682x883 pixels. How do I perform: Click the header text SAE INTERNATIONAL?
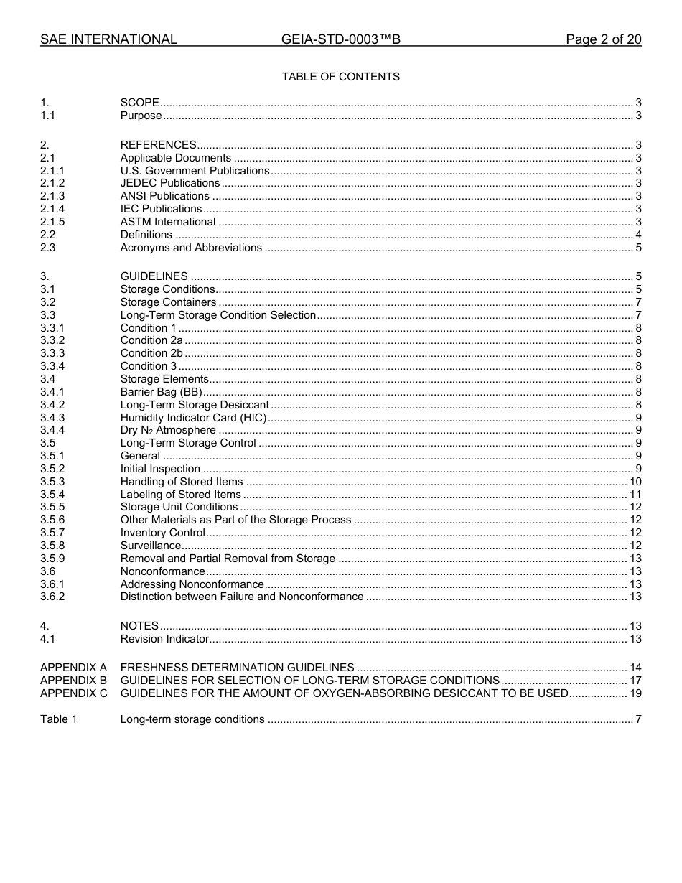[x=108, y=39]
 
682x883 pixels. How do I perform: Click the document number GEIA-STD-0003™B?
[x=341, y=39]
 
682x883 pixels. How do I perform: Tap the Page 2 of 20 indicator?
[x=603, y=39]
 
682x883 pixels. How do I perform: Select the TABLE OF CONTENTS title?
[x=341, y=77]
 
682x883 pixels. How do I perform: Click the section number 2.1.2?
[x=52, y=183]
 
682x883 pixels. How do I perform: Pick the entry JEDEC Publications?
[x=170, y=183]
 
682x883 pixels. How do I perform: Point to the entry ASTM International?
[x=168, y=222]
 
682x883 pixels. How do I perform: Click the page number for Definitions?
[x=638, y=235]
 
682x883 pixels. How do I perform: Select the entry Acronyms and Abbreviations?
[x=191, y=248]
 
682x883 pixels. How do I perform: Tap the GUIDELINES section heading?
[x=154, y=276]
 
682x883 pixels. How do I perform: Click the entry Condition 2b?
[x=151, y=353]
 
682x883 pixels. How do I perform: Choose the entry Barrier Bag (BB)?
[x=161, y=392]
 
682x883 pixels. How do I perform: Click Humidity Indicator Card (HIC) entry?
[x=193, y=418]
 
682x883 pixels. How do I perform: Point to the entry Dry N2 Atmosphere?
[x=168, y=431]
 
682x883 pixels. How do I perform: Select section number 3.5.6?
[x=52, y=520]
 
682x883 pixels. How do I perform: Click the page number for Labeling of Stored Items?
[x=635, y=495]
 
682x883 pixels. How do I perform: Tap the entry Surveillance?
[x=151, y=546]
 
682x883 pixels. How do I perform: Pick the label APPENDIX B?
[x=73, y=681]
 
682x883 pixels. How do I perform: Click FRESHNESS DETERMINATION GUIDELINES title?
[x=237, y=668]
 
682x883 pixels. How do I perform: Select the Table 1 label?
[x=58, y=719]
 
